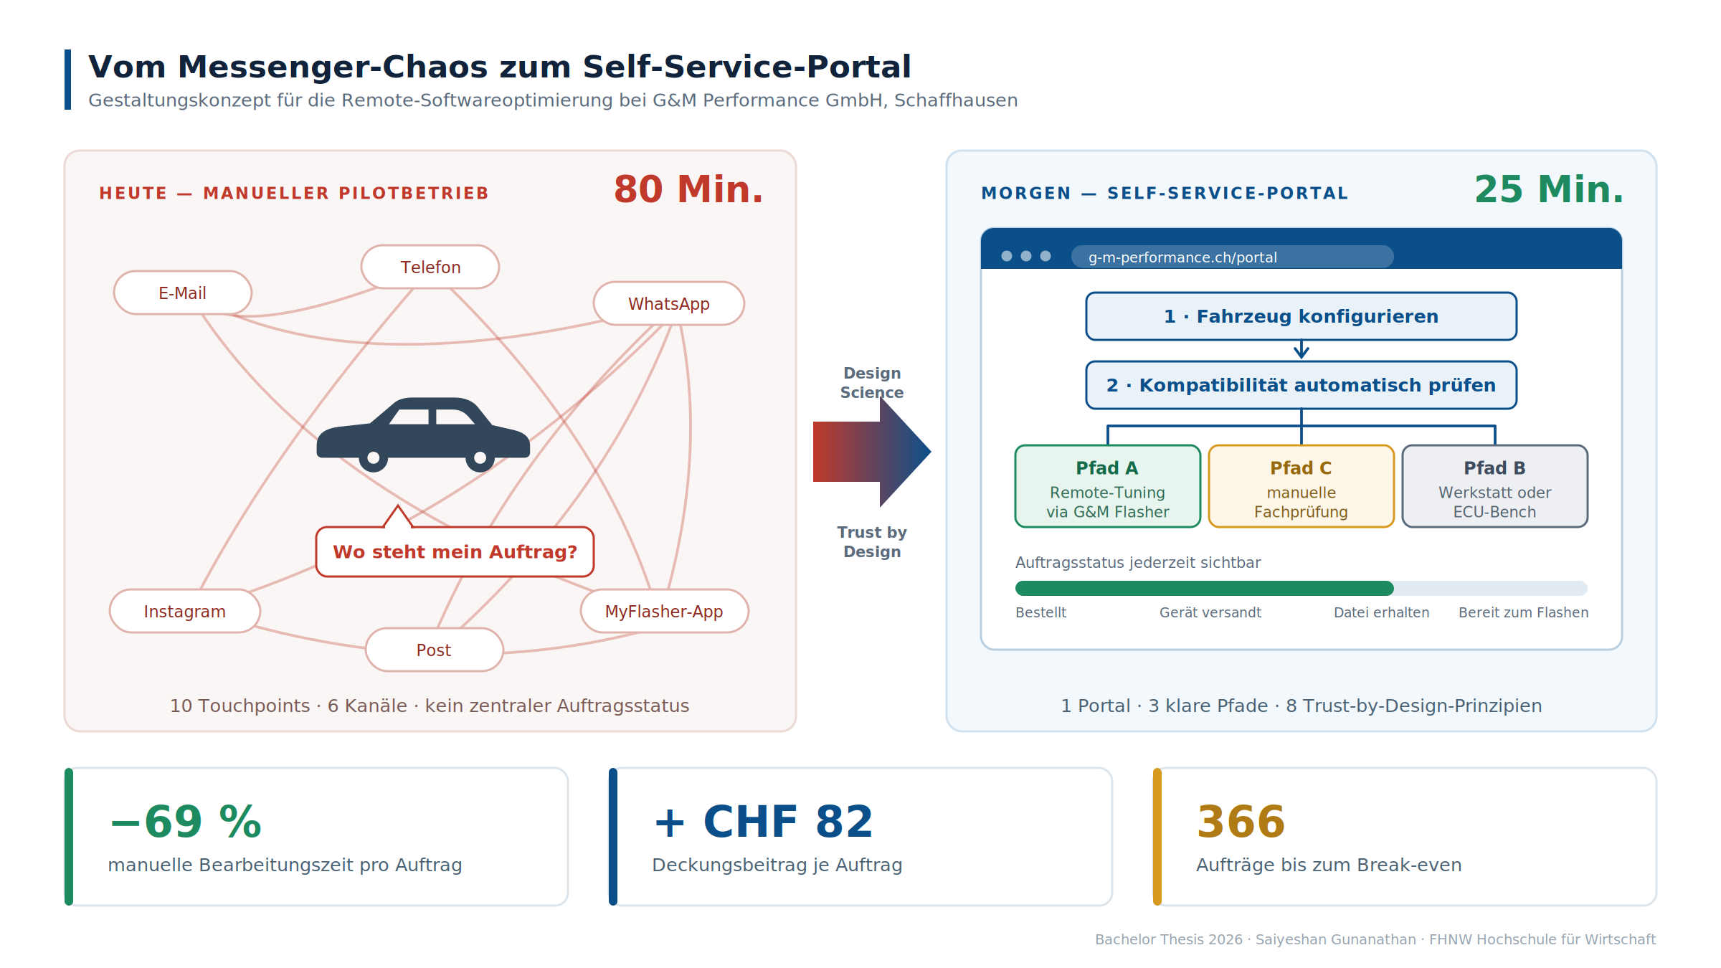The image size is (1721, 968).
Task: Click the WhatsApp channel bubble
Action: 669,303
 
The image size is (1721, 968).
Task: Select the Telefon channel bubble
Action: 430,267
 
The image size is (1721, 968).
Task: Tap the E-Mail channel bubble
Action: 183,293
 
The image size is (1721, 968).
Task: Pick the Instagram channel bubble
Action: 185,611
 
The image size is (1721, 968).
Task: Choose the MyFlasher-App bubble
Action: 665,611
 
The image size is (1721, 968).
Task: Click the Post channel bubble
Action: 435,650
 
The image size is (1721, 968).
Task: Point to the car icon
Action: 423,435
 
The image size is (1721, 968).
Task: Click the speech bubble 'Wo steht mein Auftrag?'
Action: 455,551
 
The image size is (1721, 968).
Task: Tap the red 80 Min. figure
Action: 688,189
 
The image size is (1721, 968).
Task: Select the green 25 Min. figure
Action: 1549,189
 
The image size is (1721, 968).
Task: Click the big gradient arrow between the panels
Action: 872,452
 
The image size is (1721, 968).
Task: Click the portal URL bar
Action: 1233,257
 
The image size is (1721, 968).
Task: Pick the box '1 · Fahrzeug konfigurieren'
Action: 1302,316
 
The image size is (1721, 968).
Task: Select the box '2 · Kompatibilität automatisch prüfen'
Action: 1302,385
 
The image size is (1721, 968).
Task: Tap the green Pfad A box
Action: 1108,486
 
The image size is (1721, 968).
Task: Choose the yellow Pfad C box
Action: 1302,486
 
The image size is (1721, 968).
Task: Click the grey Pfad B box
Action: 1495,486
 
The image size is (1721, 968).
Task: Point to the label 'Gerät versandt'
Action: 1210,612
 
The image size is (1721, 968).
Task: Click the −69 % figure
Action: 186,822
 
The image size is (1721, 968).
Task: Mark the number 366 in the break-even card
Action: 1241,822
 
